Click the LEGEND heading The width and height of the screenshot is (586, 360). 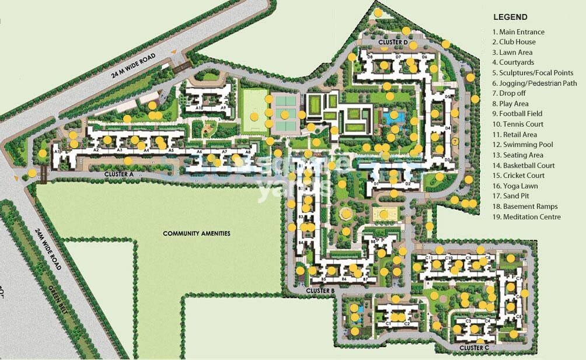[510, 18]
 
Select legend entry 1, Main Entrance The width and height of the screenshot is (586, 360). [518, 32]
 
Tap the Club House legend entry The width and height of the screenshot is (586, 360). [514, 42]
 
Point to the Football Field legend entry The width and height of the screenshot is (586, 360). [517, 114]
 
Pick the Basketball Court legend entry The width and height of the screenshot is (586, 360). [523, 166]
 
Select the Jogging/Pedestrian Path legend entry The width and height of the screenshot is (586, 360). [534, 83]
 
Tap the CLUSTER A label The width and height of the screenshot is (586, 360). [119, 174]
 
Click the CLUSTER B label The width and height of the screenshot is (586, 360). [320, 291]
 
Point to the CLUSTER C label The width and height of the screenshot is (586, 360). [474, 348]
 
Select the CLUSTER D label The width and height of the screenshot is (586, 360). [392, 43]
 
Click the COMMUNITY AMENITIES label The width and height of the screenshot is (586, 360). [196, 233]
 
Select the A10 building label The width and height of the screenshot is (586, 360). [199, 108]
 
